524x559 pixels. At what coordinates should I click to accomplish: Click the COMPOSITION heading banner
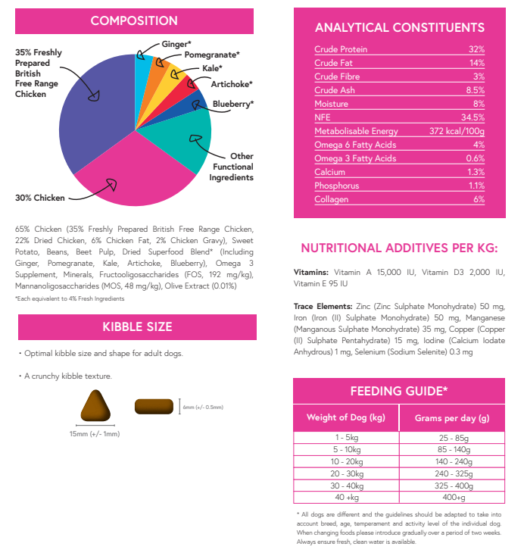[134, 21]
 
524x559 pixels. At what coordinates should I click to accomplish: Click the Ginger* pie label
[176, 45]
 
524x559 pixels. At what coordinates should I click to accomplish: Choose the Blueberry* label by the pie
[232, 104]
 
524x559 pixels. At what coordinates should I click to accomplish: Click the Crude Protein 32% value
[476, 50]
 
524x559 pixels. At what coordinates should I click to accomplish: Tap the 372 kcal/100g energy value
[457, 131]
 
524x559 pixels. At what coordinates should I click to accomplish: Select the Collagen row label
[331, 199]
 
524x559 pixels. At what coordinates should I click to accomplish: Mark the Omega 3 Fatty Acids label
[355, 158]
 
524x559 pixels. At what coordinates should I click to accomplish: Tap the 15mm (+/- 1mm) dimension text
[94, 434]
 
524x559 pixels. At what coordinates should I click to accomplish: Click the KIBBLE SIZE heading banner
[137, 327]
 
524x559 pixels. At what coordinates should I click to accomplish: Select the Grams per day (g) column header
[452, 418]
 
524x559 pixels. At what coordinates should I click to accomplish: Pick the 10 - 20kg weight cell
[346, 461]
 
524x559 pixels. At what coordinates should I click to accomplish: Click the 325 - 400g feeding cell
[452, 486]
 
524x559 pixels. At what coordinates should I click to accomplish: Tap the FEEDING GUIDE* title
[399, 391]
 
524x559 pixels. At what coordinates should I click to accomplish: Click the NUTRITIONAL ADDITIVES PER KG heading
[399, 248]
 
